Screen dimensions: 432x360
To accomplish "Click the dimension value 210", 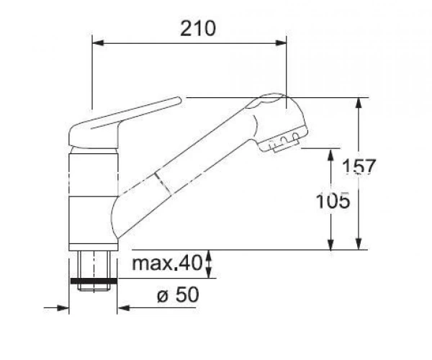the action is (198, 29).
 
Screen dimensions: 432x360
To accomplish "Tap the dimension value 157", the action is (359, 166).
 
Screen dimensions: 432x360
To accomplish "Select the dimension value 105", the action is (333, 201).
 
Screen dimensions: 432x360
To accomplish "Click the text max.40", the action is (167, 263).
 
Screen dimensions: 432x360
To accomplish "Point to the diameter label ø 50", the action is (178, 294).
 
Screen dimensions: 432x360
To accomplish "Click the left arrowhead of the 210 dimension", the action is (98, 43).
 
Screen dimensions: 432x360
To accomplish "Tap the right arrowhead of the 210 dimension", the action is (281, 43).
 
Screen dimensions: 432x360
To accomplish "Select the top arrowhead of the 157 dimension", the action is (359, 103).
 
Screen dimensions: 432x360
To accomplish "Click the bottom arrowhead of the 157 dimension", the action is (359, 243).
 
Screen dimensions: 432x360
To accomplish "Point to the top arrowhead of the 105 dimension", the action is (331, 154).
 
